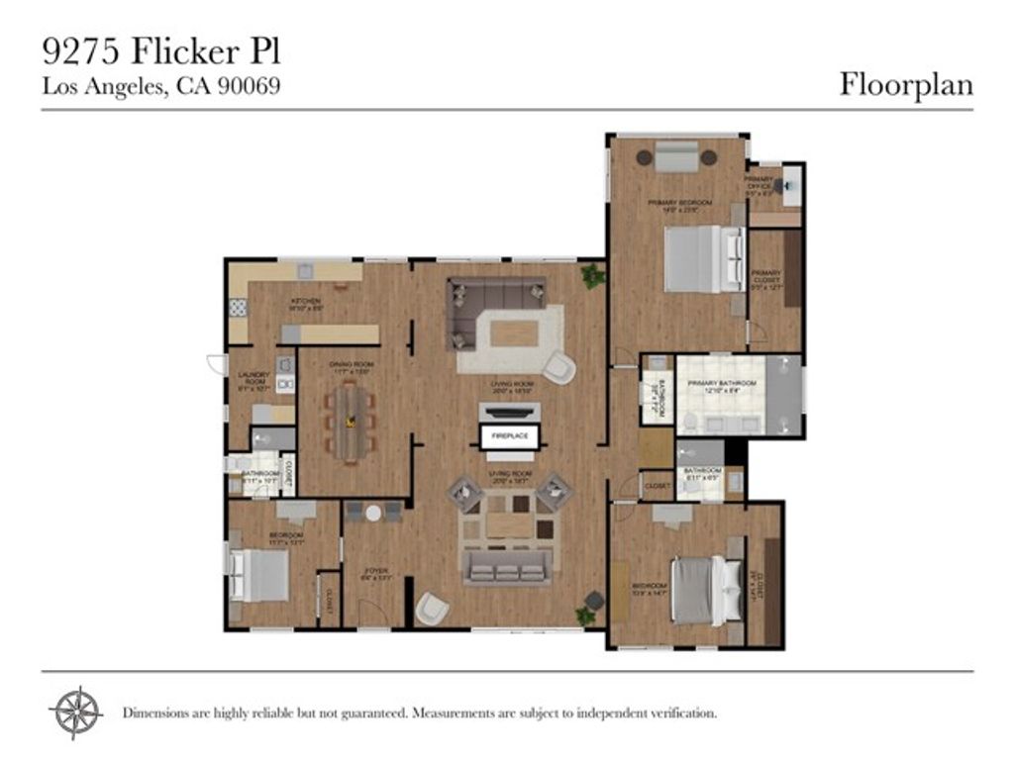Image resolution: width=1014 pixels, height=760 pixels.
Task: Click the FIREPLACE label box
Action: click(510, 435)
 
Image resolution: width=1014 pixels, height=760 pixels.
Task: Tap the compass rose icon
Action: click(75, 711)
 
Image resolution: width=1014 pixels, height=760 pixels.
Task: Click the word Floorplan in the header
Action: click(906, 84)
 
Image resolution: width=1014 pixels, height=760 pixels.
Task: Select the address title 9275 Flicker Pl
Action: click(154, 49)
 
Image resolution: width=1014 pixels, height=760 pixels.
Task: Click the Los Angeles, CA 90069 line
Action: click(161, 86)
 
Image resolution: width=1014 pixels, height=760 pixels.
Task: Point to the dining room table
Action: click(350, 421)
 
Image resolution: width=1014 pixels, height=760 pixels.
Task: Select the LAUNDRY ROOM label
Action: click(253, 378)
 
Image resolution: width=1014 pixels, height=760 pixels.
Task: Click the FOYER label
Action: click(374, 572)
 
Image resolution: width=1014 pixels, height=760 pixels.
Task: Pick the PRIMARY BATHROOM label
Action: click(720, 387)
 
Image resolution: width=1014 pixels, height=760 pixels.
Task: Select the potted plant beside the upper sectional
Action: click(593, 276)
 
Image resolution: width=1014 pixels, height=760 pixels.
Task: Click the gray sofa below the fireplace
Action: click(506, 566)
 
